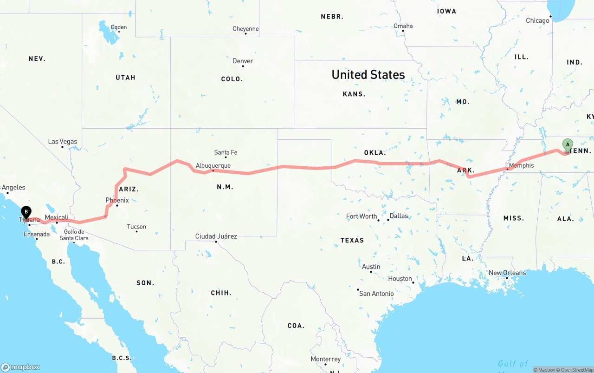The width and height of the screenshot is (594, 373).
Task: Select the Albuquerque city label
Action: pos(213,165)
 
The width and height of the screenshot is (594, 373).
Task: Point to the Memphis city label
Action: pos(521,165)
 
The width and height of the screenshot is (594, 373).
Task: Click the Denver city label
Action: pos(243,61)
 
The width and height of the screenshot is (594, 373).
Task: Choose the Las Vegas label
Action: pos(63,142)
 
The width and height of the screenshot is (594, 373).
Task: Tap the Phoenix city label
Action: pos(117,200)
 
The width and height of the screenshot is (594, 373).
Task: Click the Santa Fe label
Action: pos(226,152)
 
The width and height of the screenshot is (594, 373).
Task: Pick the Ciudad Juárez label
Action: pos(216,236)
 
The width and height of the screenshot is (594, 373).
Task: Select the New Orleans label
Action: pos(507,273)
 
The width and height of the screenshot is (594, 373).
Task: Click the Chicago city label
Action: pos(537,20)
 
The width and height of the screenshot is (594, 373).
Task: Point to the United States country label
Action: pos(368,74)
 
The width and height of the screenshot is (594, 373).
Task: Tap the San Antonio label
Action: pos(376,294)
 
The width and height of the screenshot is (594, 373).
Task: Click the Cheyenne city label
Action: pos(245,29)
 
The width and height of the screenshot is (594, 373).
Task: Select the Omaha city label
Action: pos(403,26)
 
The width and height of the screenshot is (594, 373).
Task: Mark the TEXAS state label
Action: pos(352,240)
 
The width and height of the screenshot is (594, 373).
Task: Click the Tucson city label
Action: pos(136,227)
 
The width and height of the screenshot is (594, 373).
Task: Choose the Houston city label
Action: pos(400,279)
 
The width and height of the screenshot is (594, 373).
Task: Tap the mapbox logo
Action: pos(20,367)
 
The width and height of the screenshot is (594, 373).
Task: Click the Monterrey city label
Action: pos(325,359)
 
